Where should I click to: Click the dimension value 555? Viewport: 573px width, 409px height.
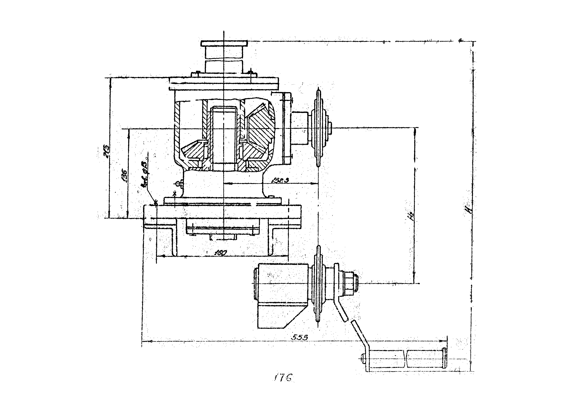pos(300,337)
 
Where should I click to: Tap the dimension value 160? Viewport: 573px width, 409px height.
pos(221,252)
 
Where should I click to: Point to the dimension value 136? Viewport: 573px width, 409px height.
pos(124,176)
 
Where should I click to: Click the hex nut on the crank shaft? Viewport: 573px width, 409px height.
pos(349,284)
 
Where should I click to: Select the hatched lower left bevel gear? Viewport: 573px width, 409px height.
pos(194,154)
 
